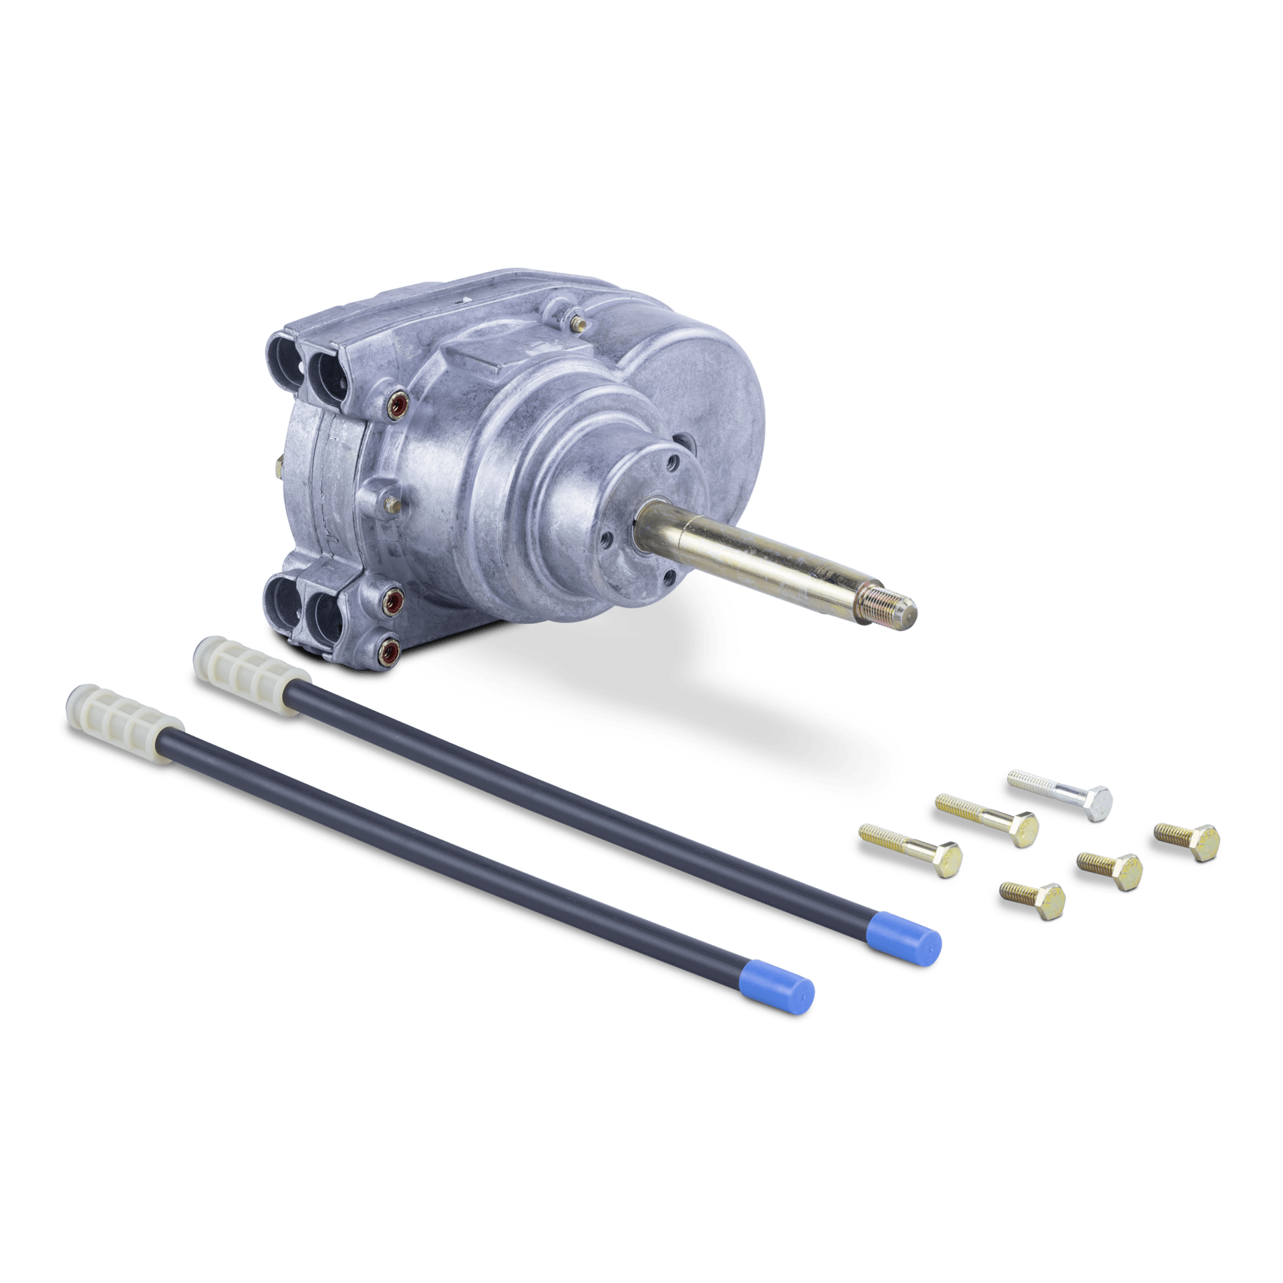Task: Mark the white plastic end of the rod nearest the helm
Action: click(x=250, y=659)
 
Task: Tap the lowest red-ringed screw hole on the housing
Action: click(x=388, y=647)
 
